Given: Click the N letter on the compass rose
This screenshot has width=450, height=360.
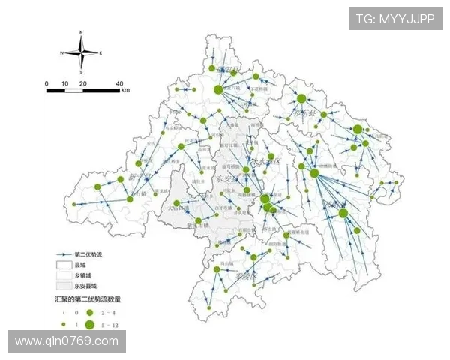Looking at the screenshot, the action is click(81, 33).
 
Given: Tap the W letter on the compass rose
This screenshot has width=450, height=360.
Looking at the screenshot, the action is click(62, 53).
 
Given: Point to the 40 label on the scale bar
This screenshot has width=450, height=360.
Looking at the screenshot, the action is click(119, 82).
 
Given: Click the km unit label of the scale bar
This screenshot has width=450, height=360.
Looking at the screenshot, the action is click(125, 90).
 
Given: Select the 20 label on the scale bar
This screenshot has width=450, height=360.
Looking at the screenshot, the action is click(82, 82).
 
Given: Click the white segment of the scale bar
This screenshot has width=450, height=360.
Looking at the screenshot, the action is click(73, 90).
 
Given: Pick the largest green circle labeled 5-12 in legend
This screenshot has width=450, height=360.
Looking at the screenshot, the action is click(90, 324).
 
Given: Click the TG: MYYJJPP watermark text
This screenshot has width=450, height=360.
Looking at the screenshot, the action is click(394, 19).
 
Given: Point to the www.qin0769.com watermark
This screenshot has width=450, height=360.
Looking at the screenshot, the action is click(66, 341).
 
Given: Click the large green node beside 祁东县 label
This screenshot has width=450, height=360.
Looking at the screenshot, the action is click(343, 213).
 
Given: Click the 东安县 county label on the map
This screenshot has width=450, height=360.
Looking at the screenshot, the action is click(225, 181).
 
